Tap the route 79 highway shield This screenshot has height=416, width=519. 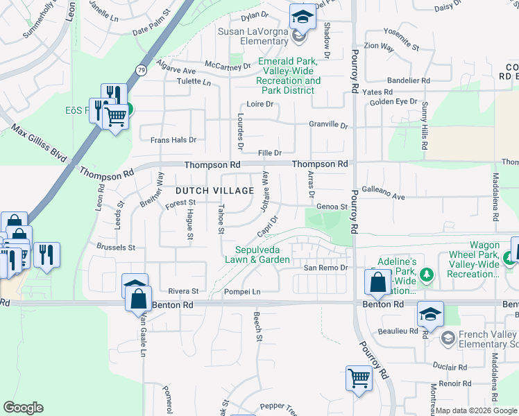pyautogui.click(x=142, y=70)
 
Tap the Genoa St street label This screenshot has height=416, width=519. pyautogui.click(x=331, y=207)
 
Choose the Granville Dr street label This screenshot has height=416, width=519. pyautogui.click(x=328, y=125)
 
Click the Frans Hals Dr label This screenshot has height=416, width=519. pyautogui.click(x=173, y=140)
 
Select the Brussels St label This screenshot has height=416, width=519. pyautogui.click(x=116, y=247)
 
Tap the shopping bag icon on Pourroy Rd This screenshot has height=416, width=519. pyautogui.click(x=377, y=283)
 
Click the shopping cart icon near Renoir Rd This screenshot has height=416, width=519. pyautogui.click(x=359, y=379)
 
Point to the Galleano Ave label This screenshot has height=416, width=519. pyautogui.click(x=384, y=197)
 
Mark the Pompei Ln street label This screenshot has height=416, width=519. pyautogui.click(x=241, y=292)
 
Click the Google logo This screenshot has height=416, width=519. pyautogui.click(x=23, y=408)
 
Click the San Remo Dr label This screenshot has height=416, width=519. pyautogui.click(x=323, y=268)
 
